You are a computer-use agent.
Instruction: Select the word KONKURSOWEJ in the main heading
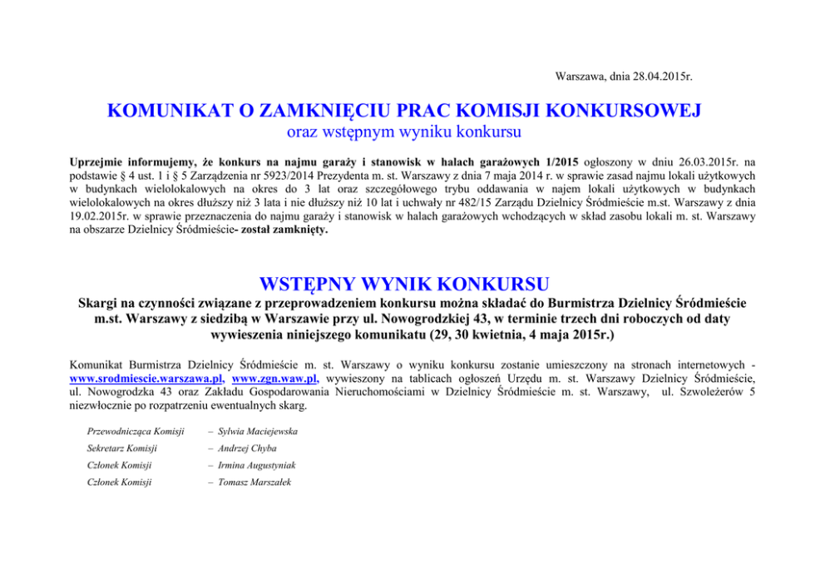623,111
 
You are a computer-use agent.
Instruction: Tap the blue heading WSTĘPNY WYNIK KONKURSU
404,280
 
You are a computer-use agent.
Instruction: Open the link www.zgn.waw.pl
274,377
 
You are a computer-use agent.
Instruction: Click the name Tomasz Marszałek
253,482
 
